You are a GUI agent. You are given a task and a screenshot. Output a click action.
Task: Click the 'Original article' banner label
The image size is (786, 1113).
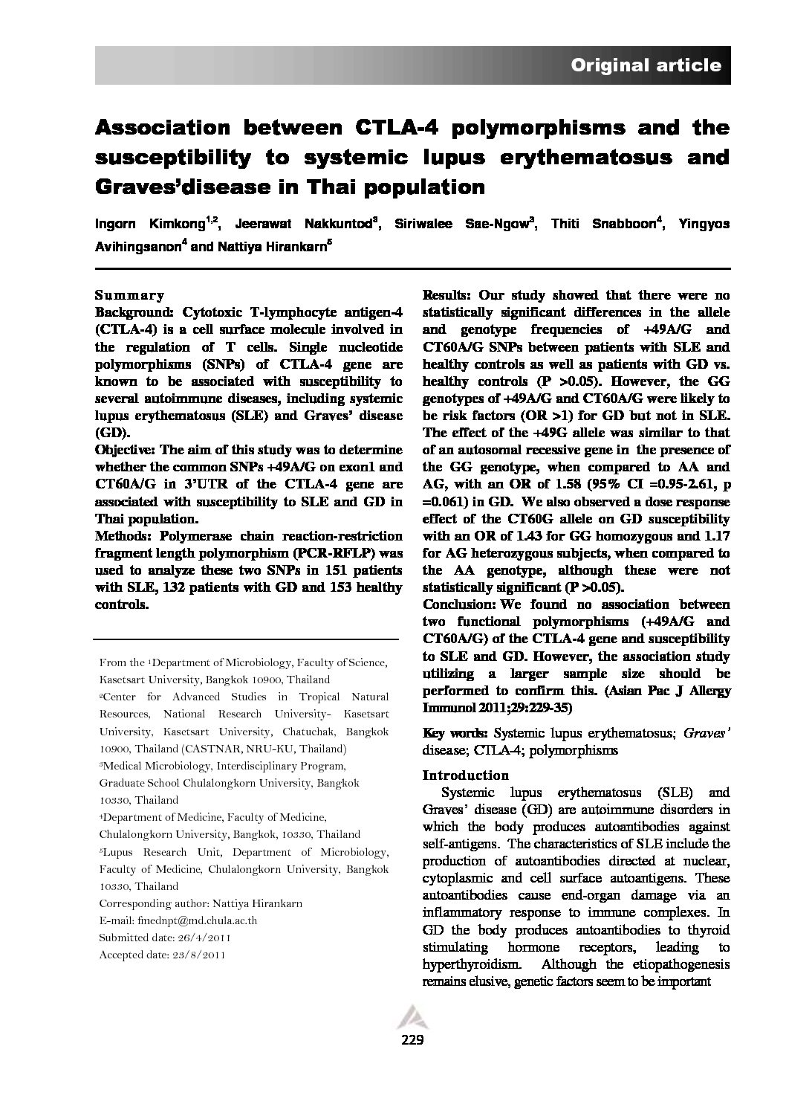coord(646,65)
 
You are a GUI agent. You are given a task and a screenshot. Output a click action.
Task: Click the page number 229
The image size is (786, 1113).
coord(411,1039)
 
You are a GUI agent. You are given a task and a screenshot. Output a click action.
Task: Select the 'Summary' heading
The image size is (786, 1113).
coord(130,295)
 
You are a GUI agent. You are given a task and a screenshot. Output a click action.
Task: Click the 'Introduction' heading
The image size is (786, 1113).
coord(465,775)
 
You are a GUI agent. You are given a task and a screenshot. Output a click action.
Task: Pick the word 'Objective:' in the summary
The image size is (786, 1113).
coord(126,450)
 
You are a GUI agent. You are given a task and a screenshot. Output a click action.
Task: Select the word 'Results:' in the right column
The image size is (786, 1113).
coord(446,295)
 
